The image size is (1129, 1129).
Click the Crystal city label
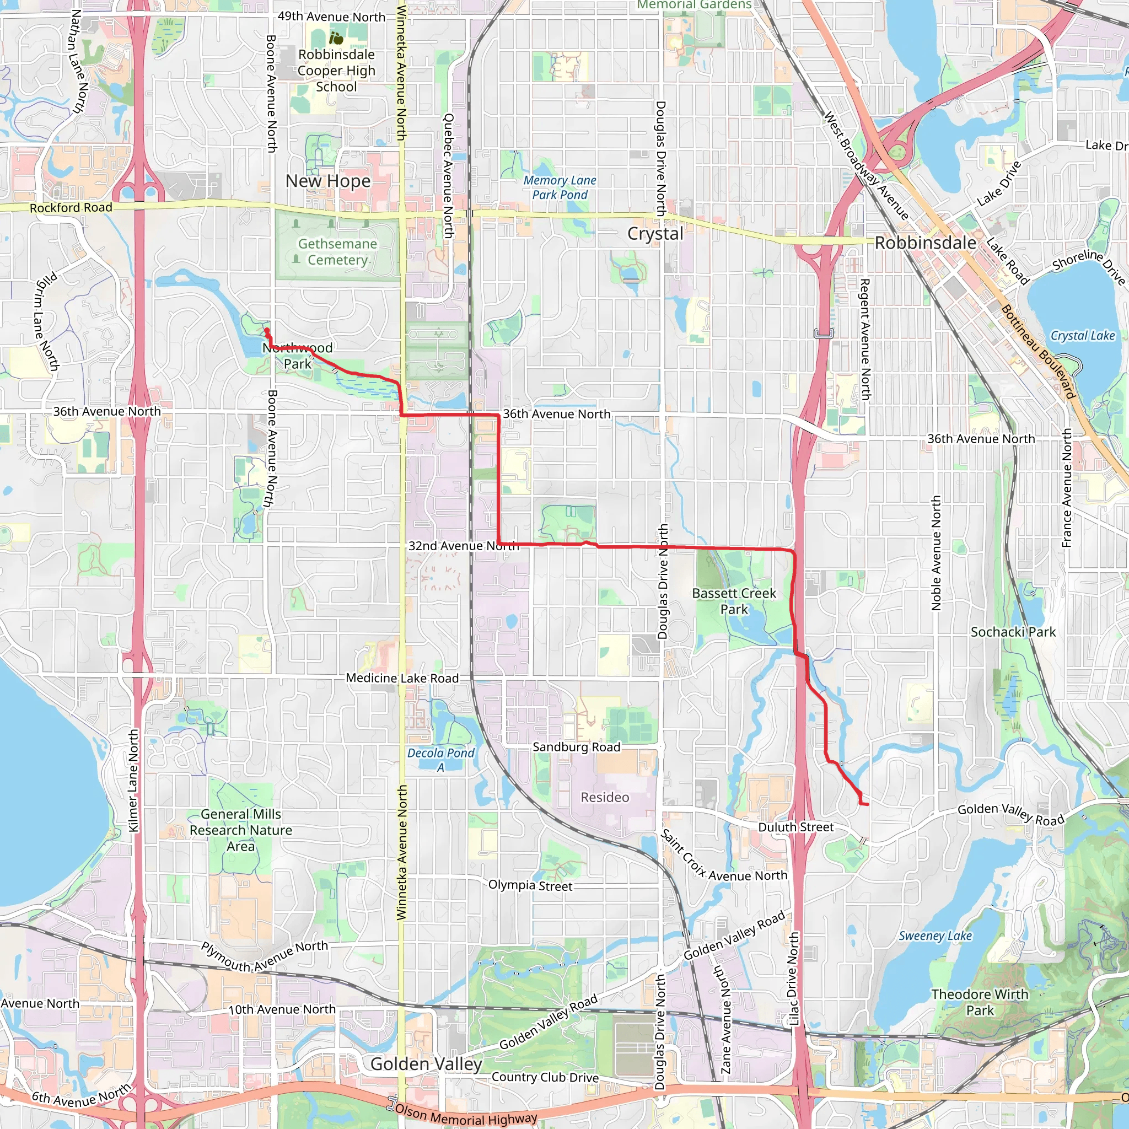click(x=655, y=234)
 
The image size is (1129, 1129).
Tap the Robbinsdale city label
click(x=925, y=243)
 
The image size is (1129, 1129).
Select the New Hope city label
click(x=328, y=181)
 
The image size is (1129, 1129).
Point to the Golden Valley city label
click(x=426, y=1063)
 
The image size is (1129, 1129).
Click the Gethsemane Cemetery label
click(x=337, y=252)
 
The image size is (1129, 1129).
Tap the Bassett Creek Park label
click(x=734, y=601)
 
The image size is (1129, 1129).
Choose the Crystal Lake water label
click(x=1082, y=335)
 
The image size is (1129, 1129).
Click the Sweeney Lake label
click(x=935, y=936)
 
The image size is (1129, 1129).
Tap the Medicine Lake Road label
click(x=402, y=678)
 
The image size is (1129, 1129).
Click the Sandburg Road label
click(x=576, y=747)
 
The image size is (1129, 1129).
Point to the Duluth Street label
click(x=796, y=827)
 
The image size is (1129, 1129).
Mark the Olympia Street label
click(x=530, y=885)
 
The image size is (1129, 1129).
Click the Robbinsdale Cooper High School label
click(x=336, y=70)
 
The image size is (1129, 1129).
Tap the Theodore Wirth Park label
click(x=980, y=1002)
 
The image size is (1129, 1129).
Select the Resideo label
click(x=605, y=797)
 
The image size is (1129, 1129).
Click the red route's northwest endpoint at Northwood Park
click(x=266, y=331)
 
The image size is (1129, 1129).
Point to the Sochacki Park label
click(x=1013, y=632)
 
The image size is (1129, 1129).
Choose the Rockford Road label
click(x=71, y=207)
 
